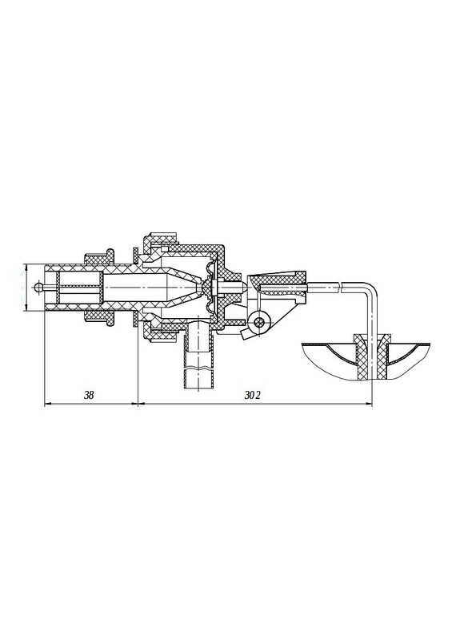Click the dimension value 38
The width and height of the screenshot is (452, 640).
tap(89, 395)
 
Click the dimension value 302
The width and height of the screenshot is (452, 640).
tap(252, 395)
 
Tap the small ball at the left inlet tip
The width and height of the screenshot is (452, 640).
tap(38, 287)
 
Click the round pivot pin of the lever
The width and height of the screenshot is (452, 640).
tap(258, 322)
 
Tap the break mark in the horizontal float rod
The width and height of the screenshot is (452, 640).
tap(341, 287)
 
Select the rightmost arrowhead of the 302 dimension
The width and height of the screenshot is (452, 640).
tap(370, 404)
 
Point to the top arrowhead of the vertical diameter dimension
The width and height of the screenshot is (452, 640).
tap(26, 267)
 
